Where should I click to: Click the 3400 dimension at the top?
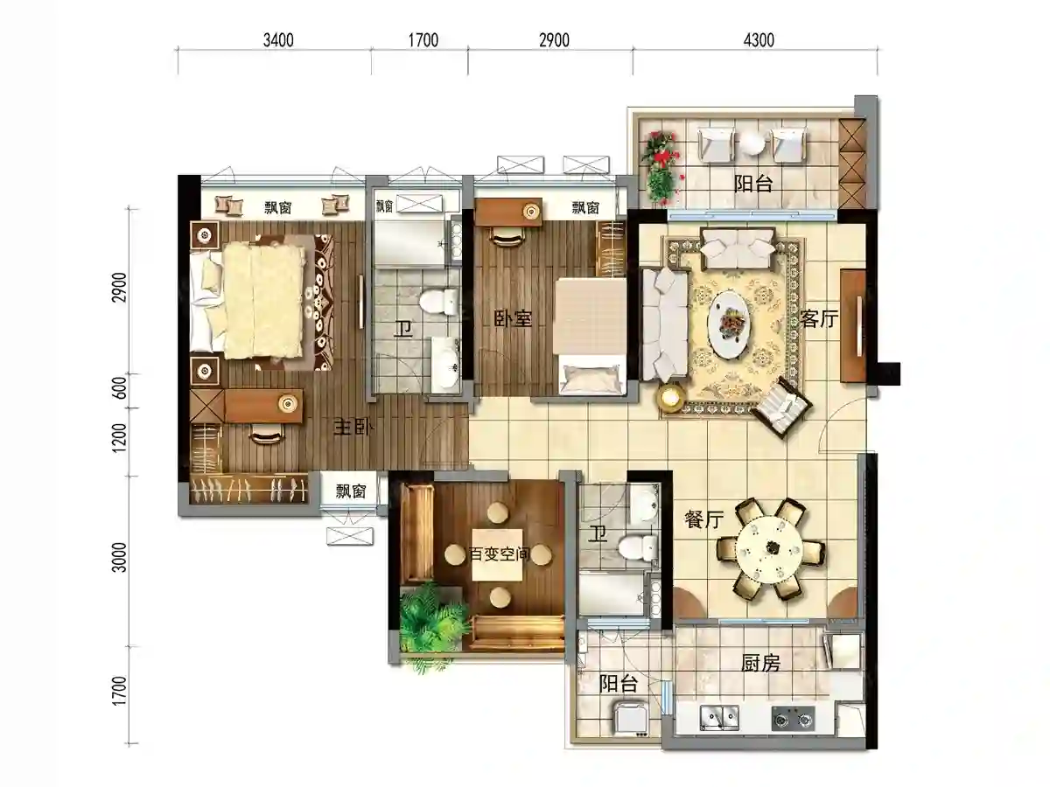click(x=278, y=40)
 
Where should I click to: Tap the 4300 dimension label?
click(x=759, y=40)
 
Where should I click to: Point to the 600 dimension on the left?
click(x=120, y=388)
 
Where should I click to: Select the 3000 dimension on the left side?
click(x=120, y=557)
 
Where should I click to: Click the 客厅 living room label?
click(x=819, y=318)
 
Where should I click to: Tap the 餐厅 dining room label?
click(x=703, y=519)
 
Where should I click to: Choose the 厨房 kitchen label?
click(x=760, y=663)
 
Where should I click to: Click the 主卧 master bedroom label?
click(x=353, y=428)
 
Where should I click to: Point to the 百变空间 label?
click(x=500, y=554)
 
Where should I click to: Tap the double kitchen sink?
click(x=719, y=718)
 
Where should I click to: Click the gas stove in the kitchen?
click(x=793, y=718)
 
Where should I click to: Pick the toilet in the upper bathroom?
click(x=438, y=302)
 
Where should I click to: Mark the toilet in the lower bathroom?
click(x=637, y=548)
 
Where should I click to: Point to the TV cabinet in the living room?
click(x=853, y=326)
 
